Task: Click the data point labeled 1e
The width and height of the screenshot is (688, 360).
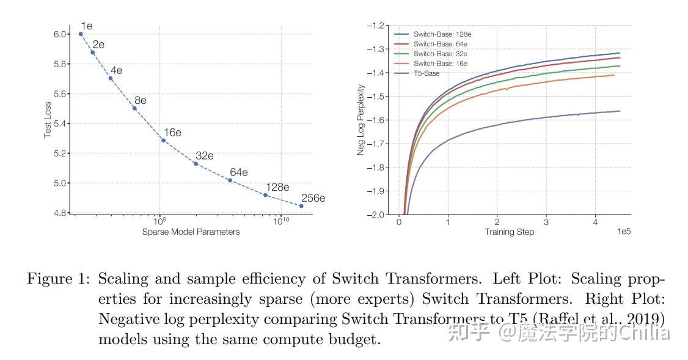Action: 81,34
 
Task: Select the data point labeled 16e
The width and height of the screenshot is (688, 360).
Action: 163,141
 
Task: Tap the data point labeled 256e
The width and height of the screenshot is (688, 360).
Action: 301,206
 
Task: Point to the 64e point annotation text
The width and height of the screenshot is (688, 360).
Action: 238,172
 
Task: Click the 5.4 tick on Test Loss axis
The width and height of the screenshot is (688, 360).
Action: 61,123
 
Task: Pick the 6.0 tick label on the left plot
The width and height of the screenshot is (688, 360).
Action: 61,34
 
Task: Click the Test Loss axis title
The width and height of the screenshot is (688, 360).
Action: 48,119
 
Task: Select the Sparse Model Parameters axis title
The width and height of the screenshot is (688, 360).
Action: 191,232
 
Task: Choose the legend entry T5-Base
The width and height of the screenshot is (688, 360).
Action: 426,73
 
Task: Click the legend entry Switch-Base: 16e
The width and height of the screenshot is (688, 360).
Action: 440,64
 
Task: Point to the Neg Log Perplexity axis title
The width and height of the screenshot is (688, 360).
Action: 361,120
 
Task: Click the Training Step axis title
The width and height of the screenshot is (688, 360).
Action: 509,232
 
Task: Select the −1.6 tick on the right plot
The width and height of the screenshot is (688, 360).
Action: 377,120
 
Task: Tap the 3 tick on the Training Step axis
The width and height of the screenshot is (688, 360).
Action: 546,222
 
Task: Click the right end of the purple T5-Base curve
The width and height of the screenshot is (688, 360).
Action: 620,111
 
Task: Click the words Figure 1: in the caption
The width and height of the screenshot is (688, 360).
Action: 57,279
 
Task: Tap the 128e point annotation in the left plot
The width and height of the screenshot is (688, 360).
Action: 277,187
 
